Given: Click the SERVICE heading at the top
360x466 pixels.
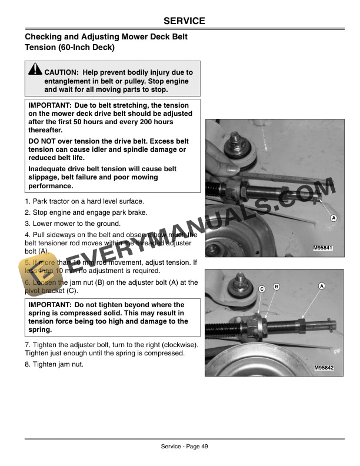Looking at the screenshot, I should [184, 21].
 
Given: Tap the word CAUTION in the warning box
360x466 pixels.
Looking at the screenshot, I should [62, 72].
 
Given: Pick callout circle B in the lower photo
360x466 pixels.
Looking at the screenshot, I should [276, 287].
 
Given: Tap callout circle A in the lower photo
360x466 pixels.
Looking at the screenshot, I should [322, 286].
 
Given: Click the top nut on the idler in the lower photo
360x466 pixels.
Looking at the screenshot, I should [240, 277].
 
